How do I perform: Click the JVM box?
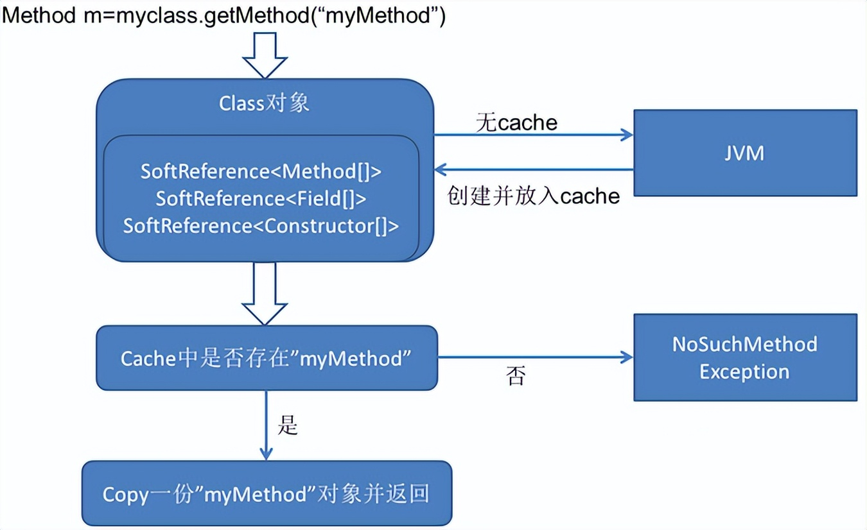[x=745, y=153]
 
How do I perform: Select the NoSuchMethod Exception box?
[x=745, y=357]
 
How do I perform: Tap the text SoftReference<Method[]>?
[x=261, y=171]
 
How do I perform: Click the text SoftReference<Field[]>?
[x=261, y=199]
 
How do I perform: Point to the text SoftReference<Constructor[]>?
[x=261, y=226]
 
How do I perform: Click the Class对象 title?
[x=264, y=103]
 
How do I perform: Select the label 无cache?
[x=516, y=122]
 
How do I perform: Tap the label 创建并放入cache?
[x=533, y=195]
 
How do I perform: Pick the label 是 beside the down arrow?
[x=288, y=425]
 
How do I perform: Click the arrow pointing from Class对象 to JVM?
[x=533, y=135]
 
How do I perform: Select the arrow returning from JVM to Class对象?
[x=533, y=170]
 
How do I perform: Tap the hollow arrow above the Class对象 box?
[x=265, y=55]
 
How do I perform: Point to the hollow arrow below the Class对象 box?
[x=265, y=293]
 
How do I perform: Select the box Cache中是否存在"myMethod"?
[x=267, y=358]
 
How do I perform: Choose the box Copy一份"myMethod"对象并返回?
[x=267, y=494]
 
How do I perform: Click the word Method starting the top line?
[x=40, y=16]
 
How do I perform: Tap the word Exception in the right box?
[x=744, y=372]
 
